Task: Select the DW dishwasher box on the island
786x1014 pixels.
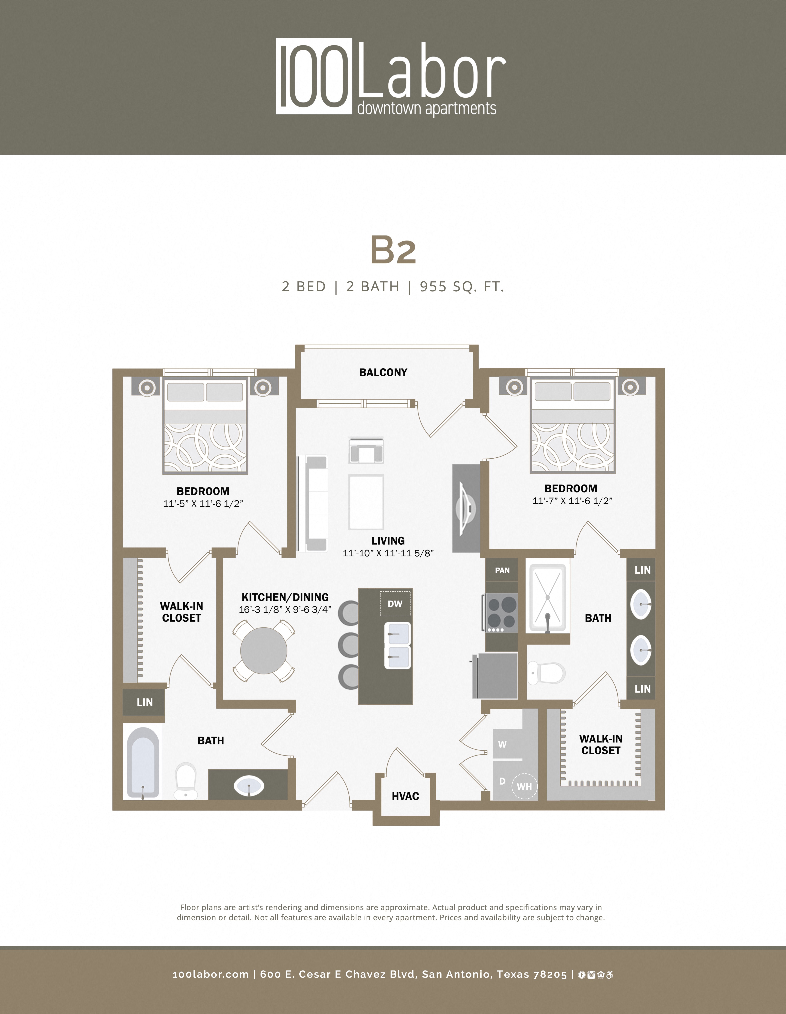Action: (x=395, y=604)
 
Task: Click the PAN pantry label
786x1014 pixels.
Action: (x=502, y=570)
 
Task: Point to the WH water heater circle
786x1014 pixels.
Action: (x=524, y=786)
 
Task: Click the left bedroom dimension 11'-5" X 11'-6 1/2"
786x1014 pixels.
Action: (x=203, y=504)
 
